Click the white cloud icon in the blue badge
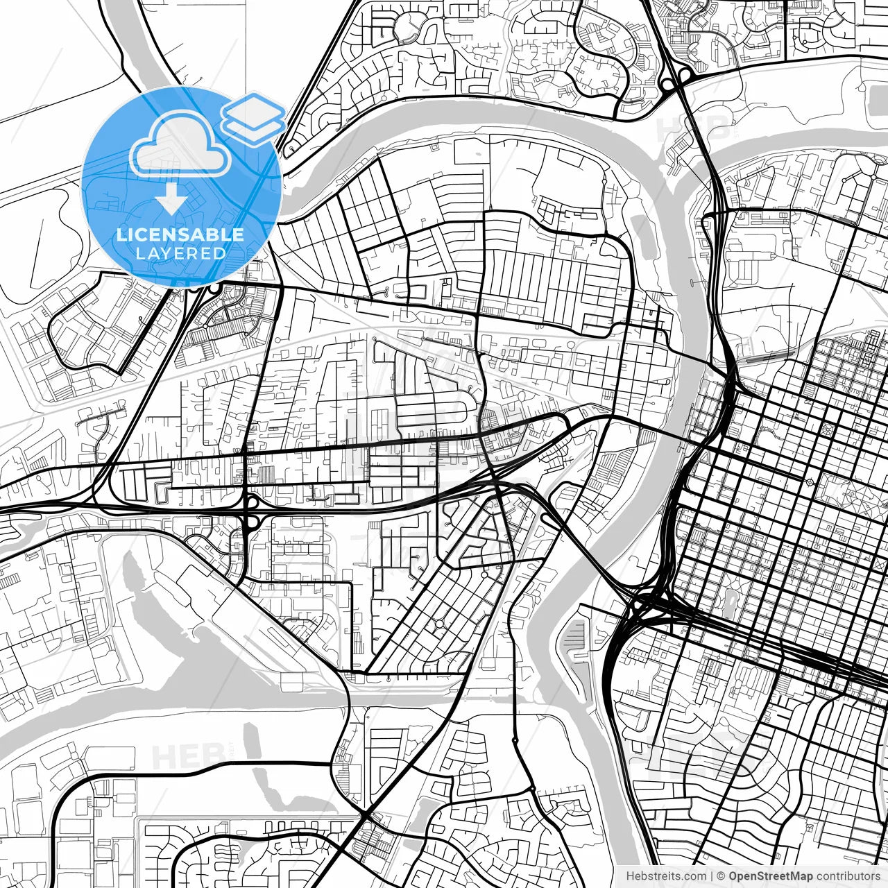[x=180, y=146]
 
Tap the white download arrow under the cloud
[x=171, y=201]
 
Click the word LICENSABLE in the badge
[x=180, y=234]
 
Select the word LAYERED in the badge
[x=180, y=253]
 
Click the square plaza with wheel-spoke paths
[x=827, y=427]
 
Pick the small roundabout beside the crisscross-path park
[x=810, y=481]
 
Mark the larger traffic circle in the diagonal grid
[x=438, y=624]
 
